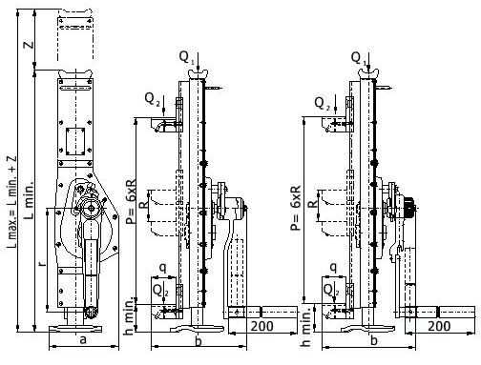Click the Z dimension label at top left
pos(30,45)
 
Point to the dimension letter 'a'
pos(83,340)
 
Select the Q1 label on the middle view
pos(186,57)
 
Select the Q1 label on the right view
pos(358,58)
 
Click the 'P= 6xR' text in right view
pos(296,208)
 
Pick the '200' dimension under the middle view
pos(261,326)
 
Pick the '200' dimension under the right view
pos(439,326)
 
